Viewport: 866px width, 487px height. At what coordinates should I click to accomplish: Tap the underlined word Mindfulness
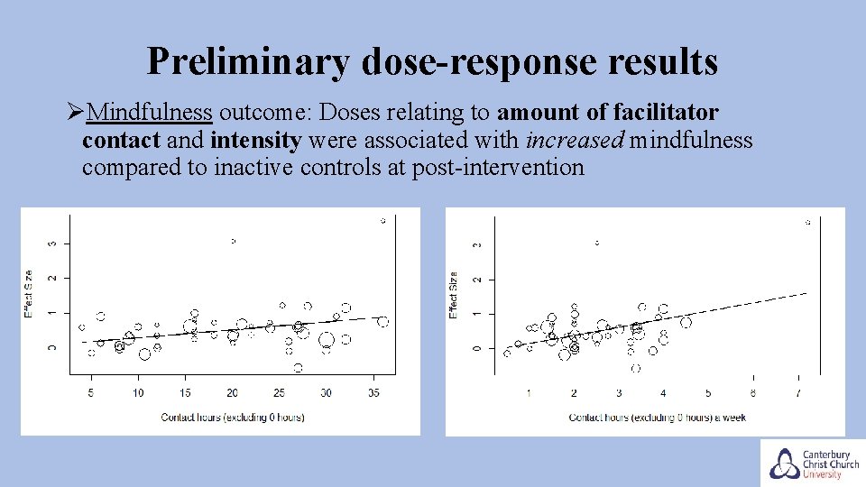pos(151,113)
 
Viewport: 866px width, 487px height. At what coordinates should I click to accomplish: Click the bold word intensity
pos(257,140)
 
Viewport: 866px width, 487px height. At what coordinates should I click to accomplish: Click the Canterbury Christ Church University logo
pos(811,463)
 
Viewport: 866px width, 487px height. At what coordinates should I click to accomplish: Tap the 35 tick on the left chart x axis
pos(373,393)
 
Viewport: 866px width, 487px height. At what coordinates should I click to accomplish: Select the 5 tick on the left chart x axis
pos(91,393)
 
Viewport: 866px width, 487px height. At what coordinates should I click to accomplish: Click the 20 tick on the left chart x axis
pos(232,393)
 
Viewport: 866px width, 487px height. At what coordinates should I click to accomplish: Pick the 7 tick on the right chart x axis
pos(797,393)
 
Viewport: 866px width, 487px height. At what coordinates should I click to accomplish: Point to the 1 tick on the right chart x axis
pos(529,393)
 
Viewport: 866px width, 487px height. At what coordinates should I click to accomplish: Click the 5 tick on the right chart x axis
pos(708,393)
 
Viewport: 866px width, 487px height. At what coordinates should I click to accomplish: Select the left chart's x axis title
pos(232,417)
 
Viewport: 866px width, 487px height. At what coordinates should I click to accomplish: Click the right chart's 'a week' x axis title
pos(657,417)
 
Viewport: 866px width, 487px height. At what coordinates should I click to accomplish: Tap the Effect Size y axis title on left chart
pos(29,294)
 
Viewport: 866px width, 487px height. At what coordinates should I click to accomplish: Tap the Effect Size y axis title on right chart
pos(454,295)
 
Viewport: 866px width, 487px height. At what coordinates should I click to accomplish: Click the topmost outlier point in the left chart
pos(383,220)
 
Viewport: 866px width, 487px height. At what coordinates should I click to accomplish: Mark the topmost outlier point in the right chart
pos(807,222)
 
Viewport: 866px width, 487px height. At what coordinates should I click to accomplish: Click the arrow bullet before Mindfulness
pos(75,114)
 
